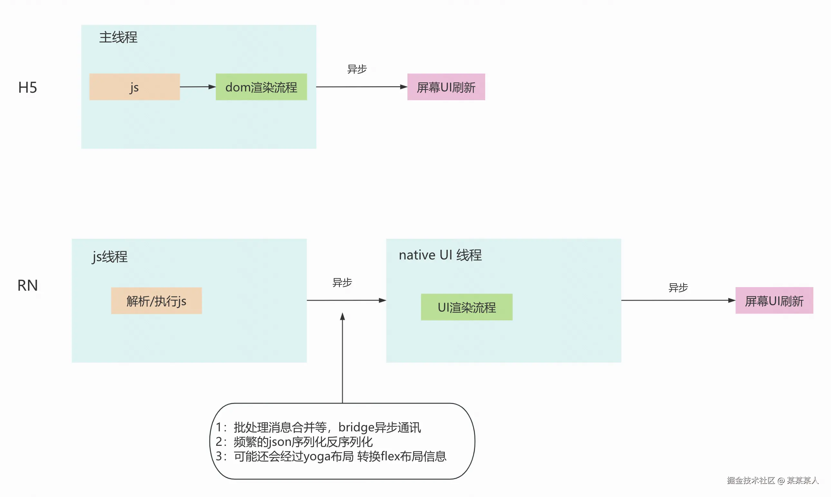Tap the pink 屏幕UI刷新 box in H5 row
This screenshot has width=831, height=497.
click(x=446, y=87)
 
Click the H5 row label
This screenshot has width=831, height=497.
click(x=27, y=88)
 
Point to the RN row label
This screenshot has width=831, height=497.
click(x=27, y=285)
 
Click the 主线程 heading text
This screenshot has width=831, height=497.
click(x=118, y=37)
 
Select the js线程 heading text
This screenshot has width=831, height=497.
click(x=110, y=257)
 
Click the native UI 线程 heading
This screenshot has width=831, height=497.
click(x=440, y=255)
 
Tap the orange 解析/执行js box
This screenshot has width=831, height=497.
click(x=156, y=301)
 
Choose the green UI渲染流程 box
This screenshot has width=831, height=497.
click(x=466, y=307)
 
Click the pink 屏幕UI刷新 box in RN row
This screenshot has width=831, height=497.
click(x=774, y=300)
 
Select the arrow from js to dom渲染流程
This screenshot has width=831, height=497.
click(x=198, y=87)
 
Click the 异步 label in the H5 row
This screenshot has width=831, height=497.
click(x=357, y=69)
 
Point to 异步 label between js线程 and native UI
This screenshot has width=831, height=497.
click(x=342, y=282)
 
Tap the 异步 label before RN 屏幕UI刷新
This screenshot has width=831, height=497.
click(x=678, y=287)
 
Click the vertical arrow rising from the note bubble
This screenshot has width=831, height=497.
click(x=342, y=358)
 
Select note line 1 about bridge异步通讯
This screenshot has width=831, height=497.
click(x=318, y=427)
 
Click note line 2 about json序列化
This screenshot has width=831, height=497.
click(x=294, y=442)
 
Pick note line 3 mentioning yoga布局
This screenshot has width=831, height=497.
click(x=331, y=456)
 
